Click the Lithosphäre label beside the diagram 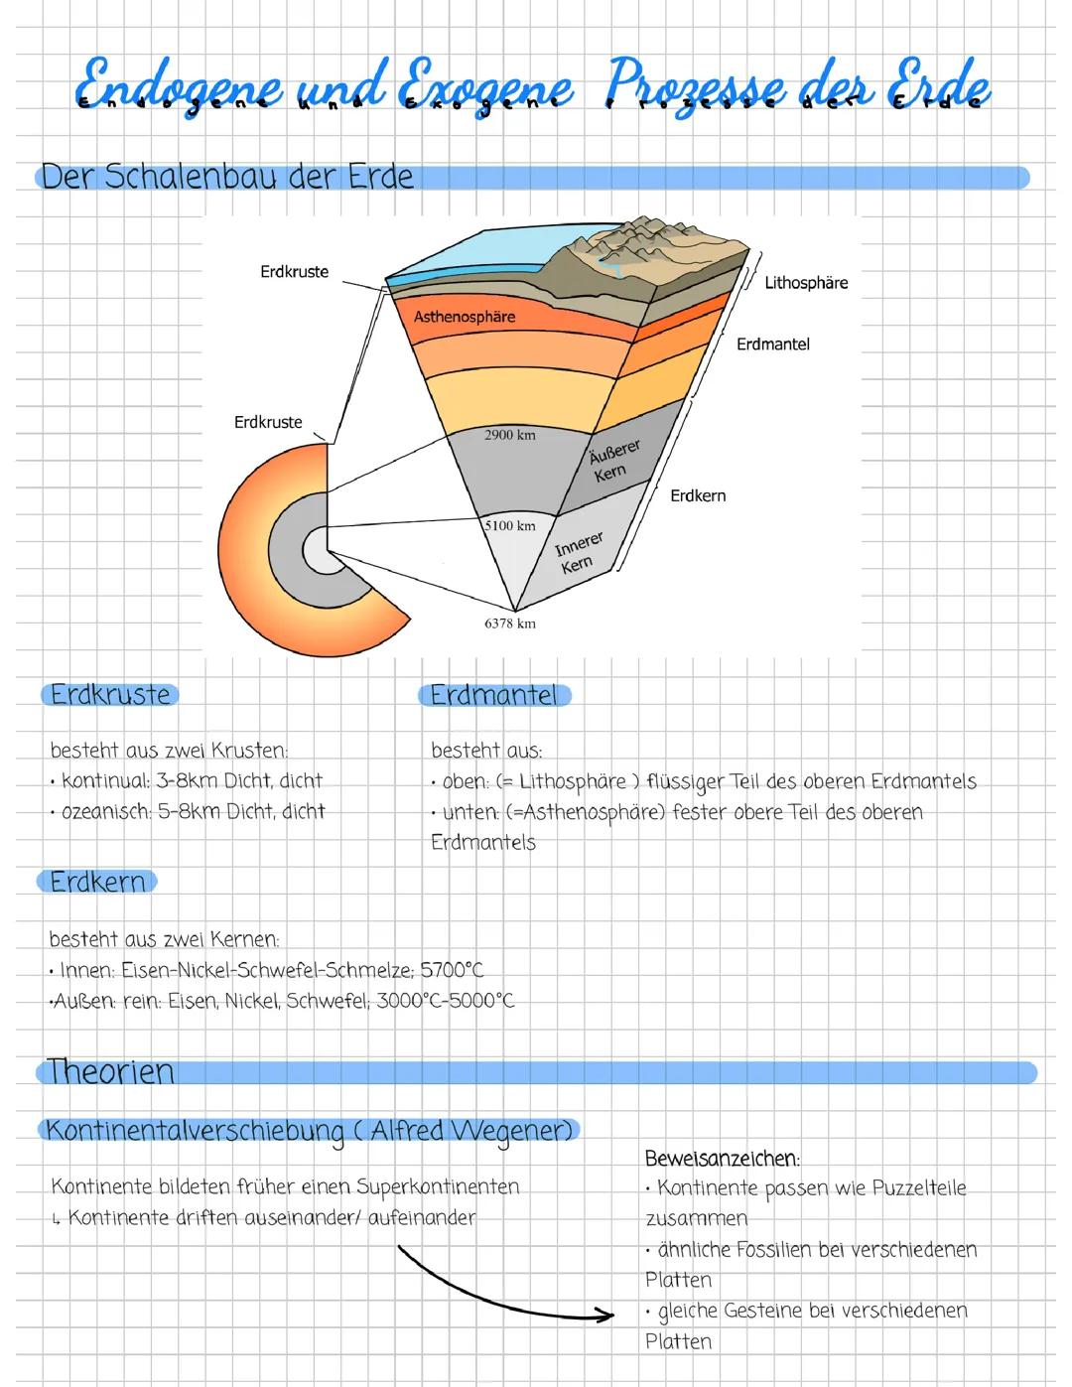(x=806, y=283)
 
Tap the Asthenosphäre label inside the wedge (x=465, y=317)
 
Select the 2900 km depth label (x=509, y=435)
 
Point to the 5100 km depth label (x=509, y=525)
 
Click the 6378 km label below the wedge (x=509, y=624)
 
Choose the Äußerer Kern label (x=613, y=462)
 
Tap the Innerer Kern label (x=578, y=553)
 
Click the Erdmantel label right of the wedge (x=772, y=345)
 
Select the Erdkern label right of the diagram (x=698, y=495)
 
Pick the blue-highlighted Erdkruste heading (x=110, y=694)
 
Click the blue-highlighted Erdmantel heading (x=493, y=695)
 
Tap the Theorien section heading (x=110, y=1071)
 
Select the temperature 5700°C (x=452, y=969)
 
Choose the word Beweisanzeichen (x=722, y=1158)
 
